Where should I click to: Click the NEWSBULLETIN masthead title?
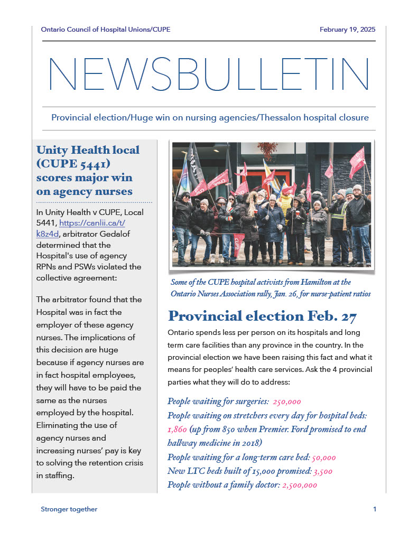click(x=209, y=74)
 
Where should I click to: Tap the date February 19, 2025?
click(x=347, y=30)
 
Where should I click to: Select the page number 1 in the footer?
click(x=374, y=509)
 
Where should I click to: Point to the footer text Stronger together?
click(x=69, y=509)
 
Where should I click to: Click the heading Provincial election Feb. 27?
click(x=262, y=316)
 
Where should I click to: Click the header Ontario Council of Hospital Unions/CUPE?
click(x=106, y=30)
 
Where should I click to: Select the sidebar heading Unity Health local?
click(x=87, y=150)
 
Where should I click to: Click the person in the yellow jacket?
click(x=286, y=203)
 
